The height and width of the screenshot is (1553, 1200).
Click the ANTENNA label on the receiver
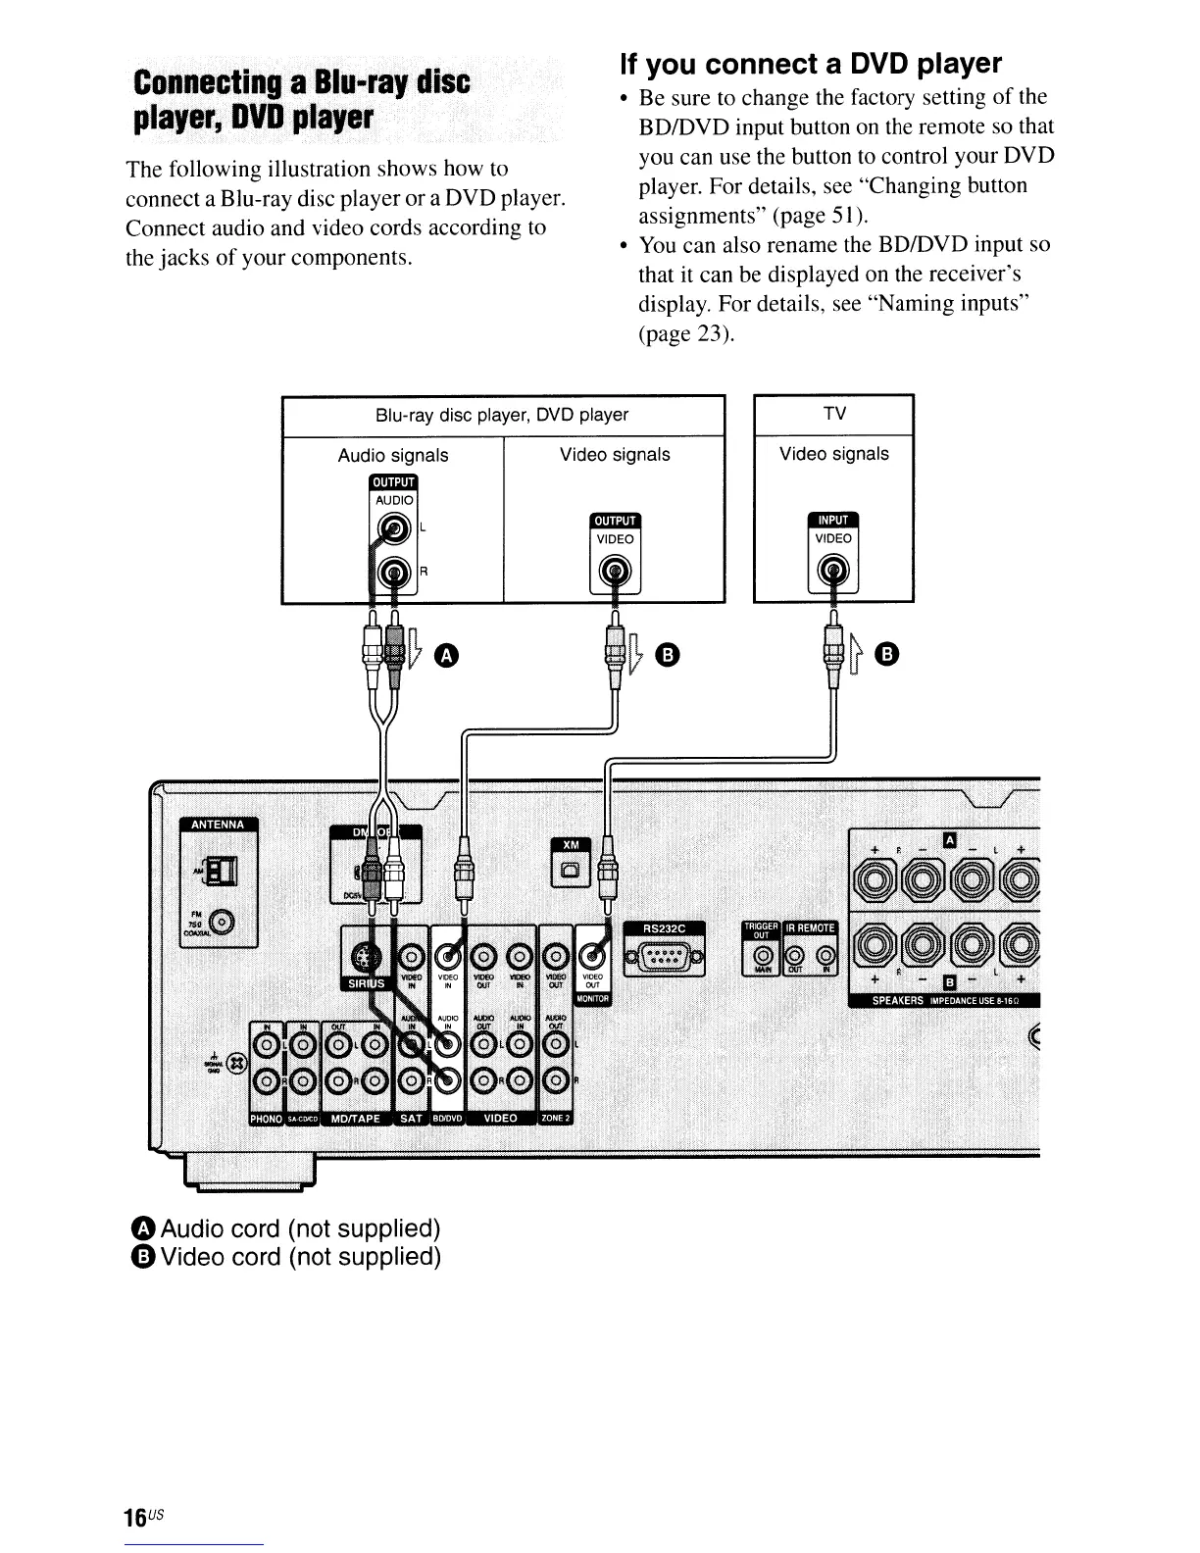point(218,824)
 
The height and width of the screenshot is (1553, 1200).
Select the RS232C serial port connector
point(671,956)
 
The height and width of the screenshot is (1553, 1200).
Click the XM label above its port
point(571,846)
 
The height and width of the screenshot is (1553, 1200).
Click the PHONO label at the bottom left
point(267,1119)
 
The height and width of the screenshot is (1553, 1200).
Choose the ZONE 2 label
point(556,1119)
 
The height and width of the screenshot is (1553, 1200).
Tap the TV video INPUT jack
point(833,570)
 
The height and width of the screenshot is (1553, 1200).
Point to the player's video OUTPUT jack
point(615,570)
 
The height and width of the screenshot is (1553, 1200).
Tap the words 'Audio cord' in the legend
point(222,1228)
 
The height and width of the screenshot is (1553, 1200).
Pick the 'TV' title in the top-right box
point(834,414)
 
